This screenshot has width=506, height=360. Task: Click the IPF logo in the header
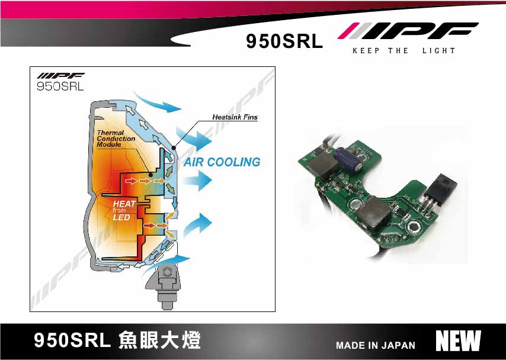[x=408, y=31]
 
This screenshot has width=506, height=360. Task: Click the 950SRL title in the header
[x=284, y=41]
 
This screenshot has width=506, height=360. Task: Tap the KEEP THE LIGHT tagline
[x=403, y=51]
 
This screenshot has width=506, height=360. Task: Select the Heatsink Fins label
[x=235, y=117]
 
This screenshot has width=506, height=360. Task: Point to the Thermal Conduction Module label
[x=116, y=139]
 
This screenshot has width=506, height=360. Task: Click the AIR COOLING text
[x=222, y=162]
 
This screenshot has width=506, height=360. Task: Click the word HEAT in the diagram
[x=124, y=204]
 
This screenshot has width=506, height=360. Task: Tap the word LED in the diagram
[x=121, y=217]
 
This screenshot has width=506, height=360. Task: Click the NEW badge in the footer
[x=458, y=341]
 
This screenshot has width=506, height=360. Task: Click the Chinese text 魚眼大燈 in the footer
[x=159, y=340]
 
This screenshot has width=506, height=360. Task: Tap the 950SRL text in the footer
[x=72, y=341]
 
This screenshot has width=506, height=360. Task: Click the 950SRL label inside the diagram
[x=60, y=86]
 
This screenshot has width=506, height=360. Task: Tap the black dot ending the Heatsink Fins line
[x=173, y=147]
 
